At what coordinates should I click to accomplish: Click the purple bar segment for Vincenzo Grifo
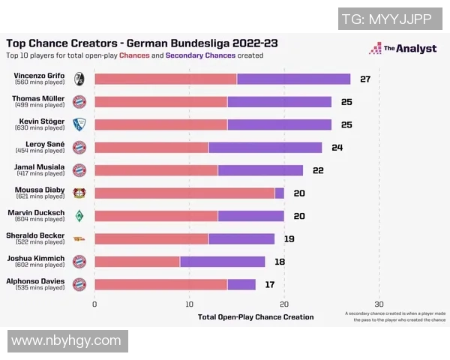point(293,79)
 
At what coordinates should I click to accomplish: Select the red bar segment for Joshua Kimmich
point(137,261)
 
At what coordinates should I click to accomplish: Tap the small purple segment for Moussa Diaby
point(279,193)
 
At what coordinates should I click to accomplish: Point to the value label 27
point(366,79)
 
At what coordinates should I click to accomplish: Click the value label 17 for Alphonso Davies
point(271,284)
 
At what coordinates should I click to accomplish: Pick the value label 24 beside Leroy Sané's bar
point(337,147)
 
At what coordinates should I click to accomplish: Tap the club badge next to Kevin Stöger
point(79,124)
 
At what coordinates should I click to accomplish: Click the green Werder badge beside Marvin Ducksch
point(79,216)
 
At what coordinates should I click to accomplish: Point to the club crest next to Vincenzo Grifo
point(79,79)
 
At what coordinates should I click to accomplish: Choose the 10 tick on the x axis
point(190,304)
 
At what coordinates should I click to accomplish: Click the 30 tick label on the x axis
point(379,304)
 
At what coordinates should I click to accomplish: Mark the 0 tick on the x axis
point(94,304)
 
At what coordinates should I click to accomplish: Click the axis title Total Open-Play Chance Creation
point(256,316)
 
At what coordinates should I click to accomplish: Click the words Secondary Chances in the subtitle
point(200,55)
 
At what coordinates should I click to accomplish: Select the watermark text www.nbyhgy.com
point(66,340)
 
